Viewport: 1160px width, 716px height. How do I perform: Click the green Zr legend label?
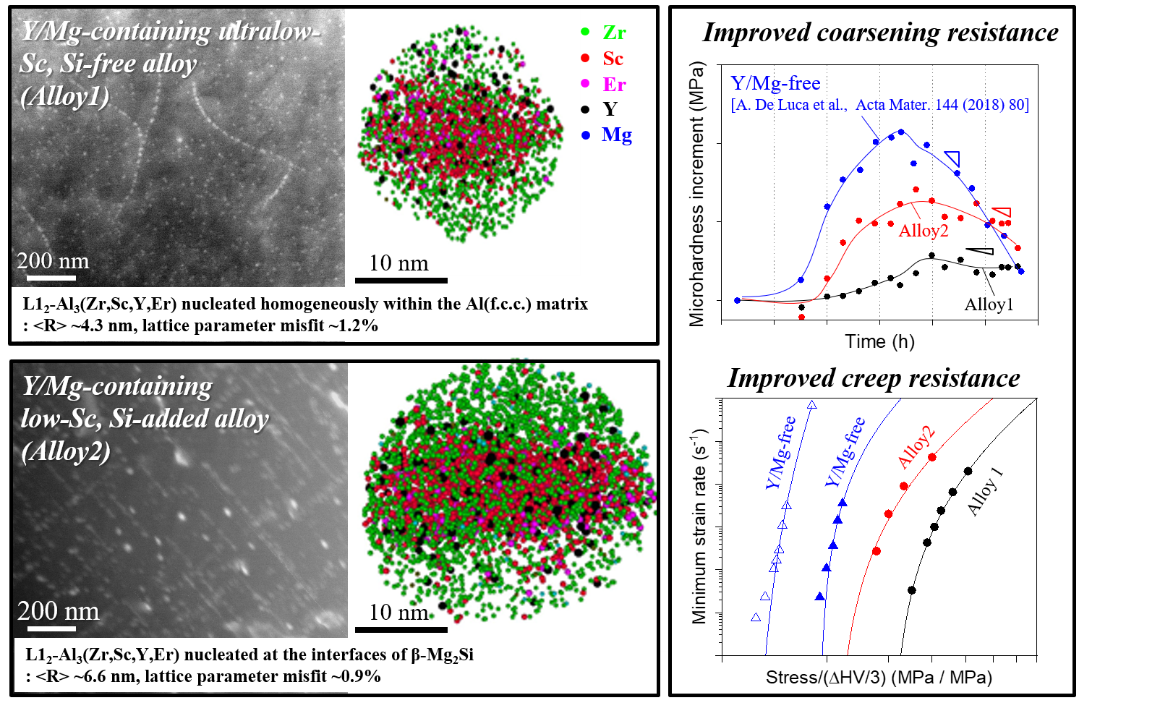point(614,33)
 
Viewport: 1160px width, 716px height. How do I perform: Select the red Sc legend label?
point(613,59)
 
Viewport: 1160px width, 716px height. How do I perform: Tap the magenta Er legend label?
point(614,85)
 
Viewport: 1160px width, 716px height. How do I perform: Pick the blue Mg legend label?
point(616,135)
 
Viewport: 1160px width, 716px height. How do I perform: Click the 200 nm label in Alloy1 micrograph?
point(53,261)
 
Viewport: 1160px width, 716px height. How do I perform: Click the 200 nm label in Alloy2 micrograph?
point(58,611)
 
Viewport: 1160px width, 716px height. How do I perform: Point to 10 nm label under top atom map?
point(398,263)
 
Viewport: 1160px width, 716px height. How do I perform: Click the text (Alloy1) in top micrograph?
point(65,96)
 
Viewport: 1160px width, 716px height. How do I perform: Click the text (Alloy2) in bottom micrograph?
point(66,451)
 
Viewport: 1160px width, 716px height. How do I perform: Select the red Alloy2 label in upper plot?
point(923,231)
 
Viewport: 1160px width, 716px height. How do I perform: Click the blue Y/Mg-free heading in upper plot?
point(775,83)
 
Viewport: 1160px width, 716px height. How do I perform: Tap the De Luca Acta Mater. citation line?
point(879,105)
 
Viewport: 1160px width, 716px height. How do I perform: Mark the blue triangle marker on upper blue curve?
point(952,158)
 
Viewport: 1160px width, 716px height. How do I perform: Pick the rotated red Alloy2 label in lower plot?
point(916,448)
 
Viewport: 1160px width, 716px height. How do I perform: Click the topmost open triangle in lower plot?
point(812,405)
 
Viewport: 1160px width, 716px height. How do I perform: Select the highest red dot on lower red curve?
point(932,457)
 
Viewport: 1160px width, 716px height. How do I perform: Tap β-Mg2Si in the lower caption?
point(442,655)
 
